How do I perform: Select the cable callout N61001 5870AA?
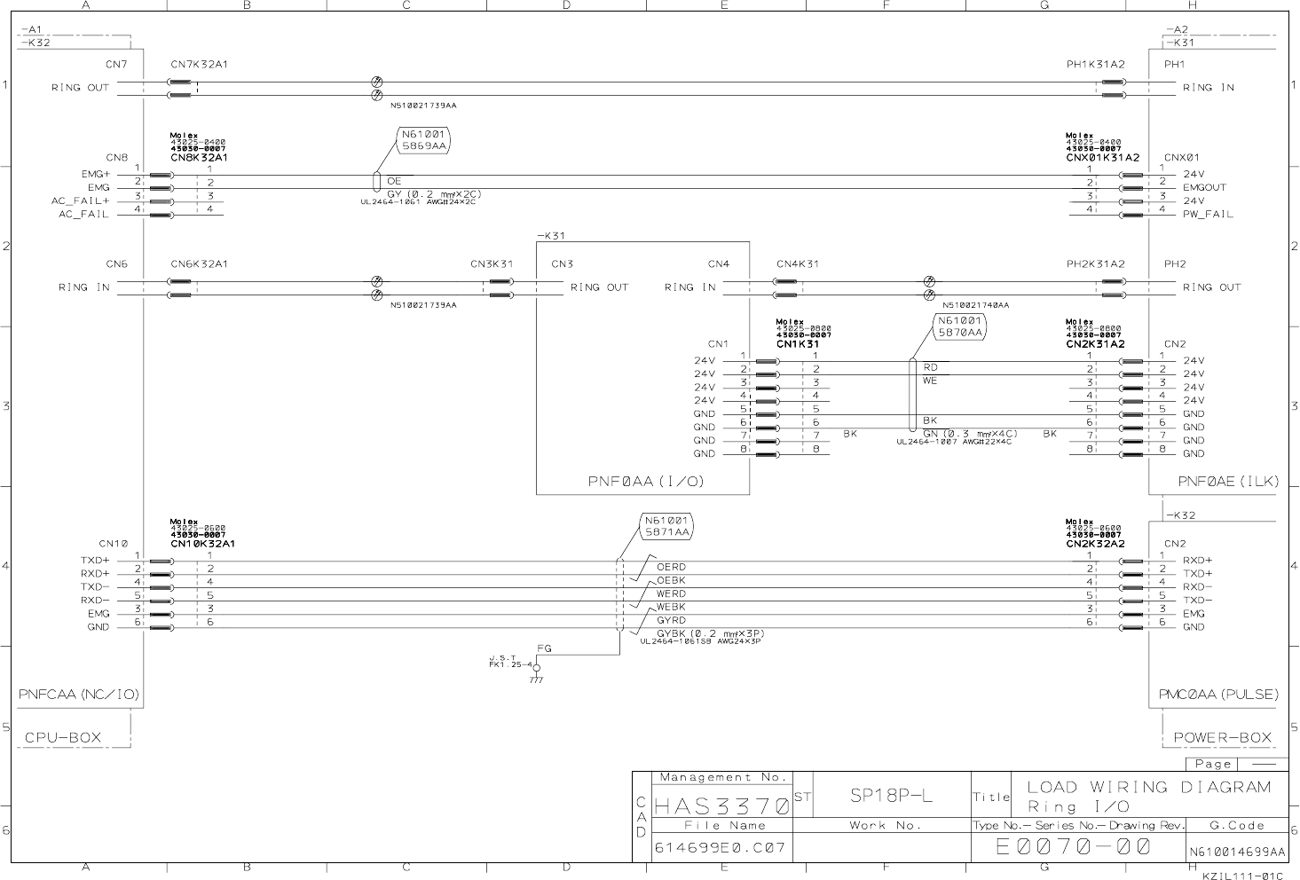click(960, 326)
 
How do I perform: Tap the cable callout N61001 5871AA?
click(666, 526)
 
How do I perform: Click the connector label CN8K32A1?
click(199, 157)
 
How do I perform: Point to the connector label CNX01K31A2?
click(1102, 157)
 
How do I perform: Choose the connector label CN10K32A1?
click(202, 543)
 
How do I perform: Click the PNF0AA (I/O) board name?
click(646, 481)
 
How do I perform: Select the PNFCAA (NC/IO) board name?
click(79, 694)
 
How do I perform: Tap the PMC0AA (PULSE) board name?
click(1218, 695)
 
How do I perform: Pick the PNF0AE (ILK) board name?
click(1228, 481)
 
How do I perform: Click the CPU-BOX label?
click(63, 737)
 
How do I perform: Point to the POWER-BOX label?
click(1223, 737)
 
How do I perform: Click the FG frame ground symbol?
click(536, 668)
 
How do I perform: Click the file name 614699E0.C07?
click(720, 847)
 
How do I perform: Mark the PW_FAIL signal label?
click(1208, 215)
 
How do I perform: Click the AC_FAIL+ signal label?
click(80, 201)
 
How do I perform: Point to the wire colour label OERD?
click(671, 567)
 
